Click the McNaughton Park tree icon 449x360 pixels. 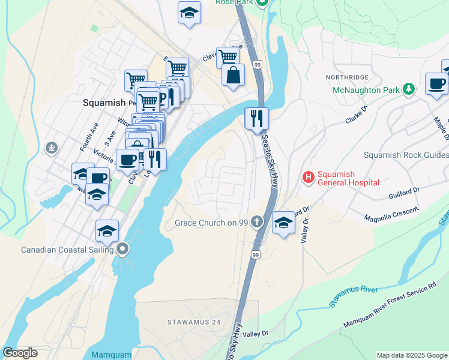(x=409, y=89)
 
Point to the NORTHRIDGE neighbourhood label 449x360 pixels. (x=346, y=77)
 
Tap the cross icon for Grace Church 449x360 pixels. (x=257, y=222)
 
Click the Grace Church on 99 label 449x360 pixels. (x=211, y=223)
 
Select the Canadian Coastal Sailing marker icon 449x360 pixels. (x=123, y=248)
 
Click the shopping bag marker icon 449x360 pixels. (x=234, y=76)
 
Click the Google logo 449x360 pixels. (x=20, y=353)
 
